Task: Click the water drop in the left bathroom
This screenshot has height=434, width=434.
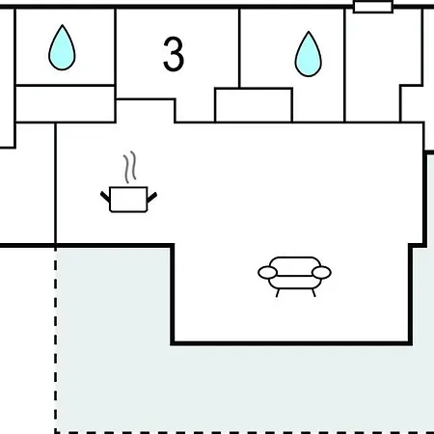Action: [62, 48]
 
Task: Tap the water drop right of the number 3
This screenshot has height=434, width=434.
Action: [309, 55]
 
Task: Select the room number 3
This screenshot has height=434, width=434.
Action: [174, 54]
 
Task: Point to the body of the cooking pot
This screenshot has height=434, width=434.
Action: [128, 200]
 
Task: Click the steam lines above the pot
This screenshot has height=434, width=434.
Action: [129, 167]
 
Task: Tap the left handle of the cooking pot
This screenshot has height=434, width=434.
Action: [105, 197]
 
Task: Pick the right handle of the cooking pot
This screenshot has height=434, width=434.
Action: [151, 198]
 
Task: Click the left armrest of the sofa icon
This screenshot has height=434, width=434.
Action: [267, 273]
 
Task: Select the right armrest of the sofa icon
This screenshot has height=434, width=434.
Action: [321, 273]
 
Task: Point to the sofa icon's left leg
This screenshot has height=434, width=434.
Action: [278, 293]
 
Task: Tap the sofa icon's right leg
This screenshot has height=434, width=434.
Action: [313, 293]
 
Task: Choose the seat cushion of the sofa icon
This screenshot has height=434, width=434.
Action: [295, 282]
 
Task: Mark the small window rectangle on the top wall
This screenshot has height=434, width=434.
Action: [373, 7]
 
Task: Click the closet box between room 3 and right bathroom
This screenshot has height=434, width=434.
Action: [254, 105]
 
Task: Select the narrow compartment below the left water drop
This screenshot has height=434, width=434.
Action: [66, 103]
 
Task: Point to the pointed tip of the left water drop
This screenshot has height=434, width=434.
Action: [62, 25]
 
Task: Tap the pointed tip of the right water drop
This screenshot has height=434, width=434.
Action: [309, 32]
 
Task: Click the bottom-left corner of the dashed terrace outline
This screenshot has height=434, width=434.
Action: [56, 432]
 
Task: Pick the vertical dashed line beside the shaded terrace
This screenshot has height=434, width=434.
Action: [56, 339]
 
